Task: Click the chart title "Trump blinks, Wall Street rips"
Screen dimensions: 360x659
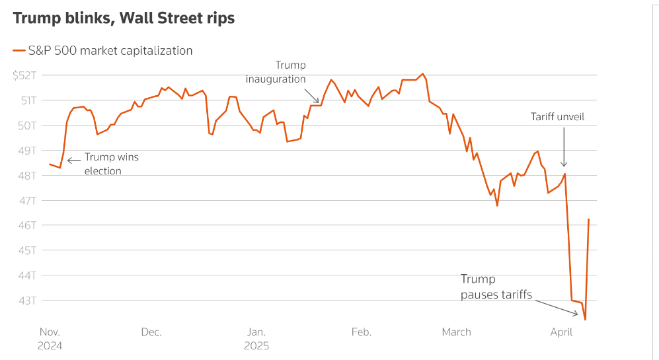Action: [x=124, y=18]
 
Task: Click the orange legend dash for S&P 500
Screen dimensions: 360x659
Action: [x=19, y=50]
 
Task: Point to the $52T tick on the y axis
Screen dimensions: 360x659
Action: [x=25, y=75]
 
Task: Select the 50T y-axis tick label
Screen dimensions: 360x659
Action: [x=28, y=126]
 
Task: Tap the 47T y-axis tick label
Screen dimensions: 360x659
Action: [x=28, y=200]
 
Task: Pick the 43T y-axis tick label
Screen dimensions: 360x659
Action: [x=28, y=301]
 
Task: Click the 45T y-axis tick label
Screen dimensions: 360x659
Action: [x=28, y=250]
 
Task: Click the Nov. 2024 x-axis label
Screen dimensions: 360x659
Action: [x=51, y=338]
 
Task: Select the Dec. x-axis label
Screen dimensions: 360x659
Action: [x=151, y=332]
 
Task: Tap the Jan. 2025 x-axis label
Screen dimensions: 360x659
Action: [x=256, y=338]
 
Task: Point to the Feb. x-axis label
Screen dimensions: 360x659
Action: [x=361, y=332]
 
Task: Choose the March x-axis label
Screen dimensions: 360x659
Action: [x=456, y=332]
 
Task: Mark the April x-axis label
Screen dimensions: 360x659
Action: [x=561, y=332]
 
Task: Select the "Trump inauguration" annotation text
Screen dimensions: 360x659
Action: [x=276, y=72]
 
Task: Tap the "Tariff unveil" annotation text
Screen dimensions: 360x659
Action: [x=557, y=117]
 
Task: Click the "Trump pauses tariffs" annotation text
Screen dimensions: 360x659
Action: [x=496, y=287]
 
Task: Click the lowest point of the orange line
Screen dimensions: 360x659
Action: [x=586, y=320]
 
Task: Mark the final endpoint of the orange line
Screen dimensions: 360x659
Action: [x=588, y=219]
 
